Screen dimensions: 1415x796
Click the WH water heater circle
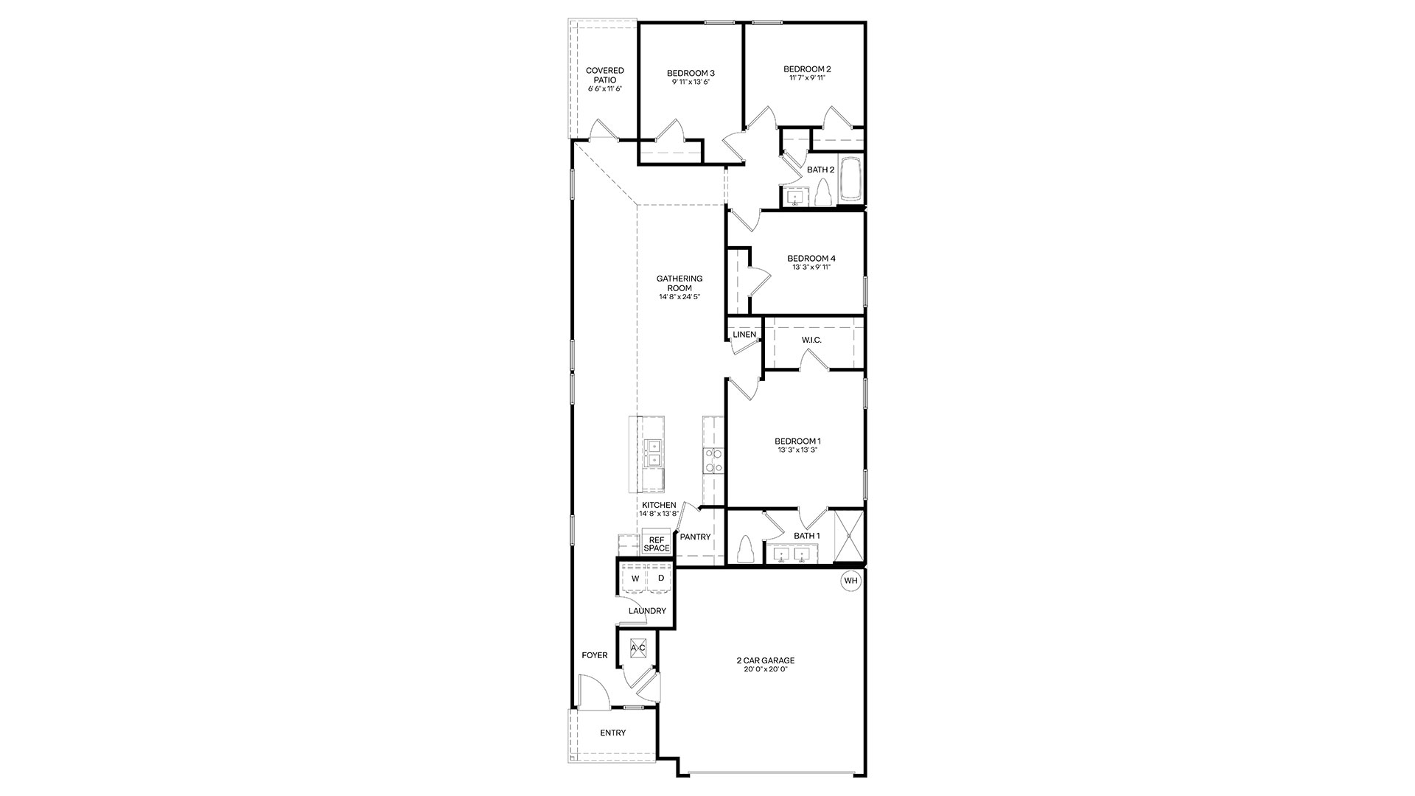coord(851,581)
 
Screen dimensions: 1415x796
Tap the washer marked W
coord(635,579)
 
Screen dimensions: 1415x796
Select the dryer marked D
coord(661,579)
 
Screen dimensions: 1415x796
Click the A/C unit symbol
coord(638,648)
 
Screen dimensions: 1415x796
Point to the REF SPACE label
coord(656,544)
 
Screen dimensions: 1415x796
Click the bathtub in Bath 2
coord(850,178)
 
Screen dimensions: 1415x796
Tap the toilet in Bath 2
coord(822,195)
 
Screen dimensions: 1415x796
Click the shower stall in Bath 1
coord(848,536)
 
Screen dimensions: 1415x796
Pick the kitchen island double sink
coord(137,453)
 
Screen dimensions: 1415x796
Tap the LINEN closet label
coord(744,335)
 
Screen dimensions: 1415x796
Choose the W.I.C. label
coord(811,340)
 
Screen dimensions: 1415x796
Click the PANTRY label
coord(695,537)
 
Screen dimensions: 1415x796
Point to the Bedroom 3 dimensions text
coord(691,83)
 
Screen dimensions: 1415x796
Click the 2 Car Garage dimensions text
coord(765,670)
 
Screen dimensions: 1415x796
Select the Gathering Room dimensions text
coord(679,297)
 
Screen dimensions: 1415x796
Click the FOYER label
coord(595,655)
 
